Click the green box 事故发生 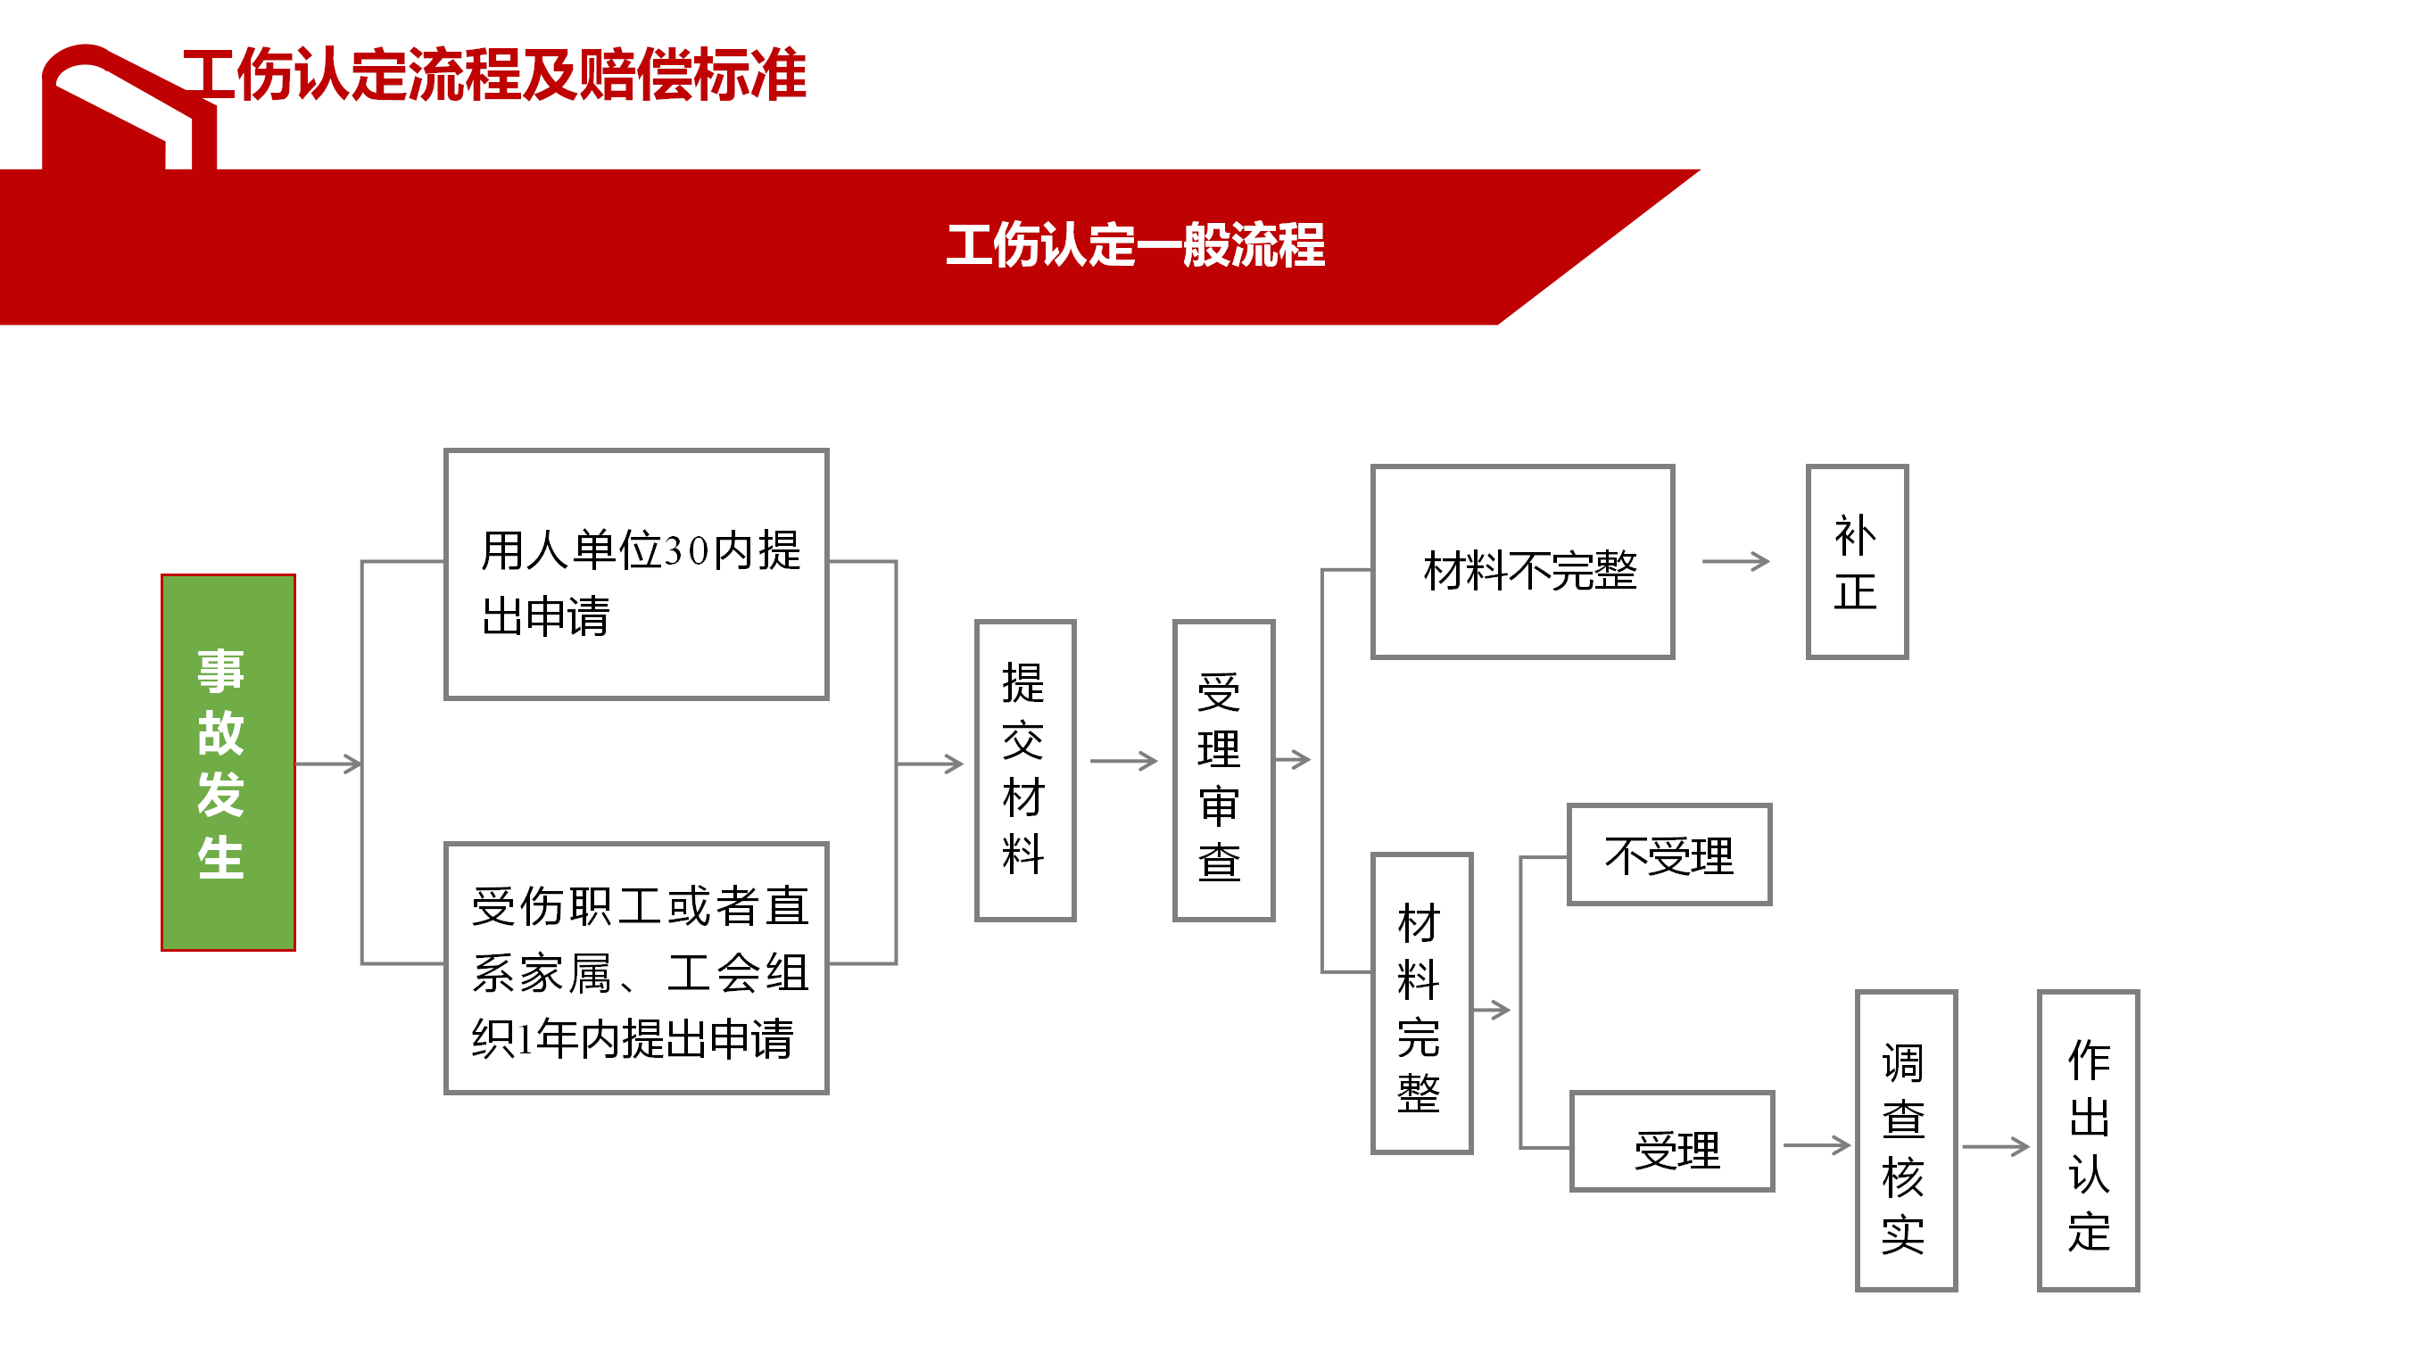pyautogui.click(x=228, y=762)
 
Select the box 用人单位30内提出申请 pyautogui.click(x=636, y=574)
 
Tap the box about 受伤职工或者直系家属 pyautogui.click(x=636, y=968)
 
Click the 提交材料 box pyautogui.click(x=1025, y=770)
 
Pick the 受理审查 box pyautogui.click(x=1223, y=770)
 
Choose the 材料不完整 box pyautogui.click(x=1521, y=562)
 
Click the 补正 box pyautogui.click(x=1857, y=562)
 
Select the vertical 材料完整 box pyautogui.click(x=1421, y=1003)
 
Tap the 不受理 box pyautogui.click(x=1669, y=855)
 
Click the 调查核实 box pyautogui.click(x=1906, y=1141)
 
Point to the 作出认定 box pyautogui.click(x=2088, y=1141)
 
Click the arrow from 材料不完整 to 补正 pyautogui.click(x=1735, y=561)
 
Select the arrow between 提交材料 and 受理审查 pyautogui.click(x=1124, y=761)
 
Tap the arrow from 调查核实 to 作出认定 pyautogui.click(x=1996, y=1146)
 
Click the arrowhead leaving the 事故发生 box pyautogui.click(x=353, y=764)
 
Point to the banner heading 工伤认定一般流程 pyautogui.click(x=1135, y=245)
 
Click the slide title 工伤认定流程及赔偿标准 pyautogui.click(x=494, y=74)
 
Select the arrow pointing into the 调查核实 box pyautogui.click(x=1817, y=1144)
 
